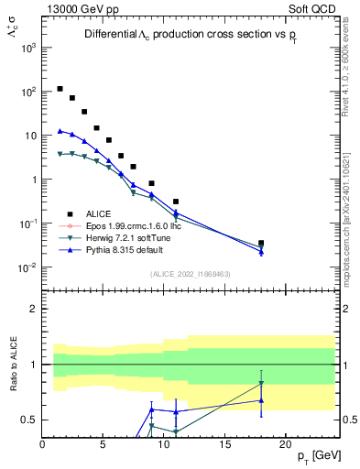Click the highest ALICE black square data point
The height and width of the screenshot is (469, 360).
pos(60,89)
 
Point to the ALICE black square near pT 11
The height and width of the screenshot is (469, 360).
pos(176,201)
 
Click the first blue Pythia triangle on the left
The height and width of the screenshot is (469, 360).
pos(60,131)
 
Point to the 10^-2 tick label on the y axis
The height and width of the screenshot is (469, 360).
pos(26,267)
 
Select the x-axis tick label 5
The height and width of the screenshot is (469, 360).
pos(104,444)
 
